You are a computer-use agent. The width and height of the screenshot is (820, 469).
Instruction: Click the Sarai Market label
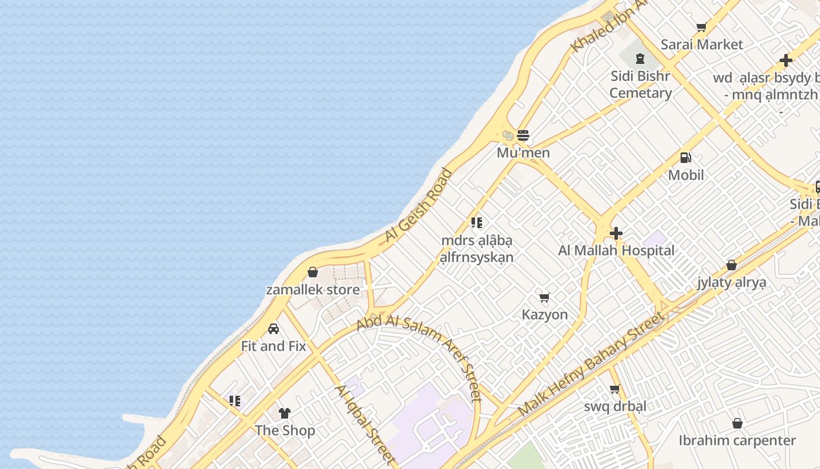point(702,45)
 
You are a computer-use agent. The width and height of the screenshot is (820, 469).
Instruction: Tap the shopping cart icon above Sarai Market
point(701,27)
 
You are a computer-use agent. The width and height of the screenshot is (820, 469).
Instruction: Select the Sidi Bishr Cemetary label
point(640,84)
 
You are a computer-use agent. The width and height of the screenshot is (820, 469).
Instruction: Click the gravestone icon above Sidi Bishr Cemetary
point(640,59)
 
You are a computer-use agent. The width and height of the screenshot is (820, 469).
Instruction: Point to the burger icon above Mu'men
point(523,135)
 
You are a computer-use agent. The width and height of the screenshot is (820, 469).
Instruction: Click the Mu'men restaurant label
point(523,153)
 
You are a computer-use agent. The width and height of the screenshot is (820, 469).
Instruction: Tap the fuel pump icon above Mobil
point(686,158)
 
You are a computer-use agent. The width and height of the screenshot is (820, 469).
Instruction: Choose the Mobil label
point(686,175)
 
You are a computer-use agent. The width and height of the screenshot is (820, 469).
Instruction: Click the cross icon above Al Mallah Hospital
point(616,233)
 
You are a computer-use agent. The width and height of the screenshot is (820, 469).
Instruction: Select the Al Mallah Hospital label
point(616,251)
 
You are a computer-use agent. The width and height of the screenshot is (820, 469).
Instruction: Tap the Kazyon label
point(545,315)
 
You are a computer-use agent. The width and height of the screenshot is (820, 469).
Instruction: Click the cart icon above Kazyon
point(545,297)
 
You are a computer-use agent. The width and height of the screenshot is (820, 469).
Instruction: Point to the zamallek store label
point(313,290)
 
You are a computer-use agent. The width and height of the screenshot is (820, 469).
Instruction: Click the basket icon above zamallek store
point(313,273)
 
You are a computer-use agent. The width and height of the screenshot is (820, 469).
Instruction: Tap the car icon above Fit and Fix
point(274,329)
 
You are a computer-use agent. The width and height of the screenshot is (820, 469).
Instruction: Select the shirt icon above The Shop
point(285,413)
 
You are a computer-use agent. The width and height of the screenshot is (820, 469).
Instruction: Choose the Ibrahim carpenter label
point(737,441)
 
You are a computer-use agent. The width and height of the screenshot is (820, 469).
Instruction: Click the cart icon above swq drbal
point(615,389)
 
